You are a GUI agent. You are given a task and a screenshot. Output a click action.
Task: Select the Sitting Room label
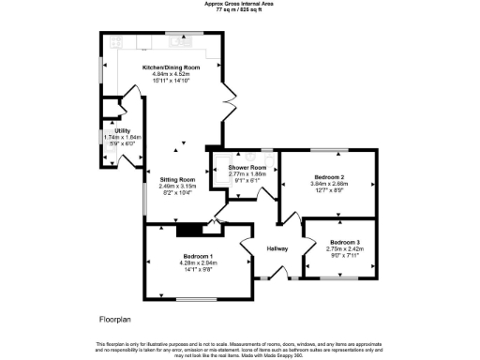click(x=176, y=179)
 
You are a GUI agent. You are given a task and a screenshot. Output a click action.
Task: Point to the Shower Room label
click(x=247, y=168)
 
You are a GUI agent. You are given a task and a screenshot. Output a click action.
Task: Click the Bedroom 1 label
click(x=198, y=256)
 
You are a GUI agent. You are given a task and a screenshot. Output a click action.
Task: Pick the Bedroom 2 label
click(x=329, y=177)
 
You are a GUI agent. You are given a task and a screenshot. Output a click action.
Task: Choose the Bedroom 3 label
click(x=343, y=242)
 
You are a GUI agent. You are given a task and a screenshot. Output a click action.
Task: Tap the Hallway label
click(x=277, y=247)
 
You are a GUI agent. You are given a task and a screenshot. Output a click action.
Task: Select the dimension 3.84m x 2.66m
click(x=329, y=184)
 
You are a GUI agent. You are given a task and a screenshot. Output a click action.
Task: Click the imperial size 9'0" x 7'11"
click(x=343, y=255)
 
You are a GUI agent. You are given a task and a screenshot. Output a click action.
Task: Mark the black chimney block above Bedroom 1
click(x=190, y=228)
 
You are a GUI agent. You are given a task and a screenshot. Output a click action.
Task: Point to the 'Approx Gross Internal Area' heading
click(x=240, y=3)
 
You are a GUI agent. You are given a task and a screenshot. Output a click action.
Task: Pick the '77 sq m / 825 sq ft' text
click(x=240, y=8)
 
